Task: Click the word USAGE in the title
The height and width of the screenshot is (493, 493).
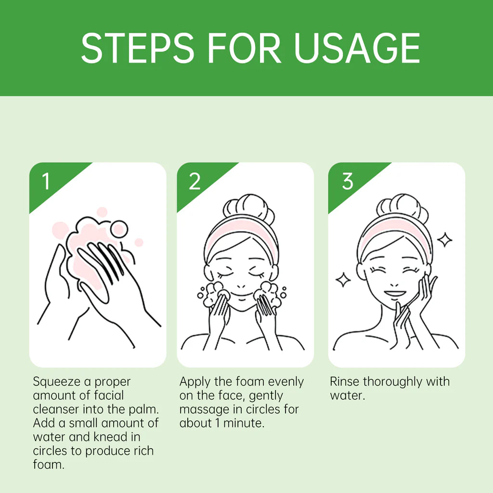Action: point(357,48)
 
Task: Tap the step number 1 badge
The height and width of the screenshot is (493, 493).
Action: point(46,182)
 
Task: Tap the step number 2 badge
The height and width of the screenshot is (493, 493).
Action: point(194,182)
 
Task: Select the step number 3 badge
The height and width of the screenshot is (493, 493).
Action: point(347,182)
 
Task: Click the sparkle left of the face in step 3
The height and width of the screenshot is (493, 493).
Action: point(343,280)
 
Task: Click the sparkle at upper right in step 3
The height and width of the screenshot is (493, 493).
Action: point(444,240)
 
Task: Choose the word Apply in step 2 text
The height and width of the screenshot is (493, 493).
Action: point(195,382)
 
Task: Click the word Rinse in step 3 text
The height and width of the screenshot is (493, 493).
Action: point(344,382)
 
